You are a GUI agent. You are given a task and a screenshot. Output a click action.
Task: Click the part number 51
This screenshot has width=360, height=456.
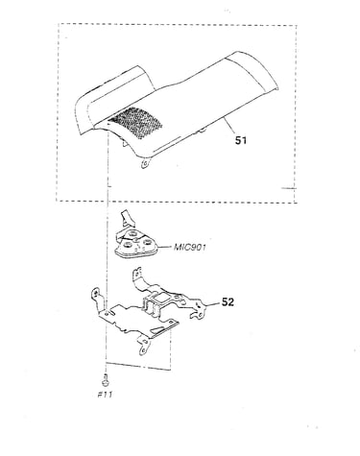tap(241, 140)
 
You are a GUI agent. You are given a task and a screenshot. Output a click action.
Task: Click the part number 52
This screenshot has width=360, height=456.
tap(228, 301)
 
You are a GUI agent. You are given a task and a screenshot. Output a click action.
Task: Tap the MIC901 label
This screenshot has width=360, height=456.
tap(190, 248)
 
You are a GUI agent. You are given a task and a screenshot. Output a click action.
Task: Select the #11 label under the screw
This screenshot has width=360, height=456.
tap(105, 395)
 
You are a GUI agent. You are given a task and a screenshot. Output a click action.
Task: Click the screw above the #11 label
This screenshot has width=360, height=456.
tap(106, 380)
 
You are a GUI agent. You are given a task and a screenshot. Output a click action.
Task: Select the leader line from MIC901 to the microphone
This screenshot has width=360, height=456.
tap(165, 248)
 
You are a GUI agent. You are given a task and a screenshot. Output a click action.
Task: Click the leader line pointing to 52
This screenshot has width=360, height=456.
tap(213, 304)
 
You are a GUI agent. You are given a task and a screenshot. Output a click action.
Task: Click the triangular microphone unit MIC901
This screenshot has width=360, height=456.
tap(135, 246)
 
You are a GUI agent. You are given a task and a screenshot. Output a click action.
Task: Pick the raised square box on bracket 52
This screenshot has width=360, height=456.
tap(156, 305)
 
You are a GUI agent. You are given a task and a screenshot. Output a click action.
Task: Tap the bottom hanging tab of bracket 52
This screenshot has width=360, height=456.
tap(144, 346)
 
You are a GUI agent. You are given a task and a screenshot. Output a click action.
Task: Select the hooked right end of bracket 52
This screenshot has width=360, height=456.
tap(197, 309)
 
